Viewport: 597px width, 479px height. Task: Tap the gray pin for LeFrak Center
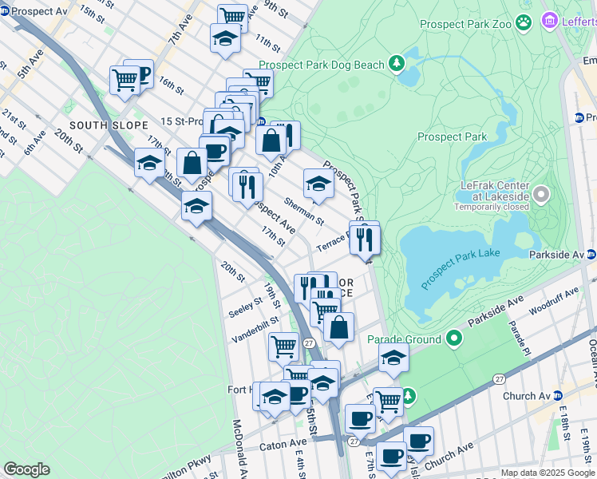tap(541, 193)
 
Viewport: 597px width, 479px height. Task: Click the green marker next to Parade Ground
tap(453, 338)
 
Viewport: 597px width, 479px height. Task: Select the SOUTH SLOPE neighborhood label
tap(109, 125)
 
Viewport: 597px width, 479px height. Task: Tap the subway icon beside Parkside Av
tap(591, 255)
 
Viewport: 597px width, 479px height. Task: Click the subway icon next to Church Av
tap(559, 396)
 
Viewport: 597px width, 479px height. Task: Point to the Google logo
tap(26, 469)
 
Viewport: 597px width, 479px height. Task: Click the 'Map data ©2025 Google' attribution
tap(547, 473)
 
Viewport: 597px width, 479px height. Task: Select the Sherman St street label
tap(304, 211)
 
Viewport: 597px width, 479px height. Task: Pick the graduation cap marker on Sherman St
tap(318, 183)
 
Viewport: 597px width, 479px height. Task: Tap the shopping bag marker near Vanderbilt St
tap(338, 327)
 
